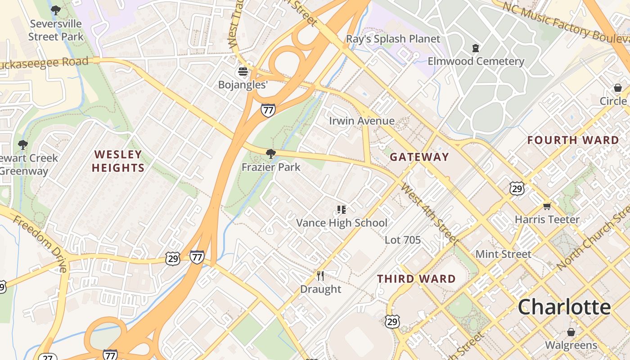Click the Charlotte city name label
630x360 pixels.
click(x=564, y=307)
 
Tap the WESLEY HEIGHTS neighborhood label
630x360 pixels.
click(x=118, y=161)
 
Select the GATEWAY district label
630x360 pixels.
click(x=419, y=157)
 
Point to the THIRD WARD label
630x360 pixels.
click(x=416, y=279)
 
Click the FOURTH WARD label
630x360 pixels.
click(x=573, y=140)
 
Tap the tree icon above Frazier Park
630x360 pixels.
click(x=270, y=154)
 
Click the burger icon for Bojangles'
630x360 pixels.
click(x=243, y=72)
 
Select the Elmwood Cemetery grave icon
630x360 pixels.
click(x=476, y=48)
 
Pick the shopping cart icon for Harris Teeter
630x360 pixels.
click(x=547, y=206)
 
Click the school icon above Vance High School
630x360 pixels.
click(x=342, y=209)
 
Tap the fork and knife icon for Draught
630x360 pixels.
click(x=320, y=275)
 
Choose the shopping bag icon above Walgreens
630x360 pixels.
click(x=571, y=332)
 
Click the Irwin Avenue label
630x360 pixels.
click(x=361, y=121)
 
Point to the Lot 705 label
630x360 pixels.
click(x=402, y=240)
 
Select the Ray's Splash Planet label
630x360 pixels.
click(x=393, y=39)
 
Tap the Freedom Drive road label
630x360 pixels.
click(x=40, y=243)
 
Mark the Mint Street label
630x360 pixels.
click(x=503, y=254)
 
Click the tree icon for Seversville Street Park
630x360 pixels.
click(x=56, y=10)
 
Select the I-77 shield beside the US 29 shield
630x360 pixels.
click(x=197, y=257)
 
